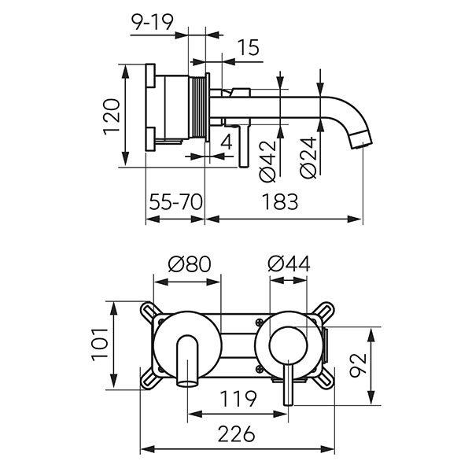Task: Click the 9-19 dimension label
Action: point(153,22)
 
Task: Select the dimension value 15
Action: point(248,47)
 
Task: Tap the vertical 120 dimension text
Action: point(112,116)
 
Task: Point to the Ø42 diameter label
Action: point(267,161)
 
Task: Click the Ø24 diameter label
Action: point(308,157)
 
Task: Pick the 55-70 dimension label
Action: point(175,202)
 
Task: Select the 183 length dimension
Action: point(280,202)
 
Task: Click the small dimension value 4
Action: point(227,142)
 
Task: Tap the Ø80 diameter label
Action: point(190,264)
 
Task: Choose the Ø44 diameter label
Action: point(289,264)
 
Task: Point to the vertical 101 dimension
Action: point(100,345)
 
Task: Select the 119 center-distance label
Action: point(238,399)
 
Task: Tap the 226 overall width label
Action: point(237,434)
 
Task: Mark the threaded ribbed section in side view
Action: point(197,108)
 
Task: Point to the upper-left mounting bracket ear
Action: point(150,311)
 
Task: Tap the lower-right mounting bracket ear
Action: point(324,379)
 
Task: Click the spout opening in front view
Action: point(187,384)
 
